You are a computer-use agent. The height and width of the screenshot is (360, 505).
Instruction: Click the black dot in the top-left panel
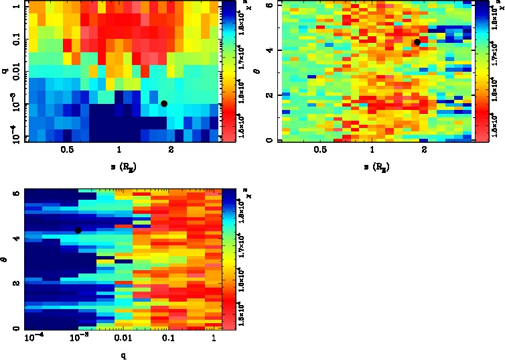164,103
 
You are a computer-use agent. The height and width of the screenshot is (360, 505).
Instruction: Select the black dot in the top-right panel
417,42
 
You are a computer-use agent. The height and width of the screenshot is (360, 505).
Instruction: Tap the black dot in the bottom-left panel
78,230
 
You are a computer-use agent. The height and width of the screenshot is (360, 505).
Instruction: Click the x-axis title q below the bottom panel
124,355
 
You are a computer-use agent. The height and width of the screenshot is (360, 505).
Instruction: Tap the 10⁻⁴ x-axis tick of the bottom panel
33,339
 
